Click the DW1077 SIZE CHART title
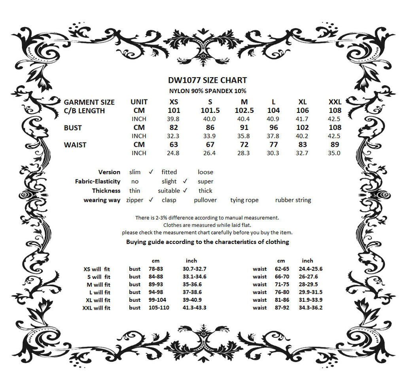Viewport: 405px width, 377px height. click(x=208, y=80)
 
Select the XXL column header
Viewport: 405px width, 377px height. click(x=335, y=102)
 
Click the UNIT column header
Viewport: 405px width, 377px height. click(x=139, y=102)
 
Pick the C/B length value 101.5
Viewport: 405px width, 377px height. click(x=210, y=110)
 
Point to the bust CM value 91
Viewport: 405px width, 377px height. click(x=244, y=128)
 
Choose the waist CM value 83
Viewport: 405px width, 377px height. click(x=303, y=145)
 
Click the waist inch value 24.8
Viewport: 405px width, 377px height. click(x=174, y=153)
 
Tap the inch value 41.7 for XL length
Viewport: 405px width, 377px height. click(x=303, y=119)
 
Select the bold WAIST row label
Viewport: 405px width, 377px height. click(x=75, y=145)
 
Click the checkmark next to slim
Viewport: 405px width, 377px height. click(x=151, y=172)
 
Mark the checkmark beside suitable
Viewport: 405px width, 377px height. click(x=185, y=190)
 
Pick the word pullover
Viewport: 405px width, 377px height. click(x=205, y=200)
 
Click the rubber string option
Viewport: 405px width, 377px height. click(x=293, y=200)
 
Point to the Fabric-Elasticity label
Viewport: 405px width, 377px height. click(x=98, y=181)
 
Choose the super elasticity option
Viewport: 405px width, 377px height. click(x=205, y=181)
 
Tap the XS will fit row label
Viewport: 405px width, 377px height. click(x=97, y=269)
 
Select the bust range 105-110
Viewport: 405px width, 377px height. click(x=159, y=308)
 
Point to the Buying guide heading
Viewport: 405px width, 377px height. click(x=208, y=242)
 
